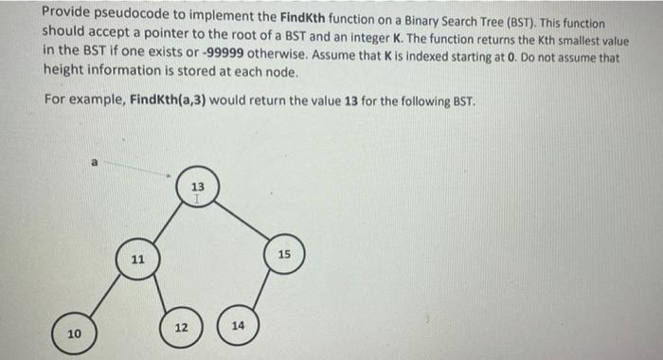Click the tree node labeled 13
pyautogui.click(x=195, y=190)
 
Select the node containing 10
pyautogui.click(x=75, y=333)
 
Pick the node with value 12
pyautogui.click(x=181, y=328)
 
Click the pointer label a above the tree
pyautogui.click(x=94, y=162)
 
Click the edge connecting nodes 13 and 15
pyautogui.click(x=242, y=222)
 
